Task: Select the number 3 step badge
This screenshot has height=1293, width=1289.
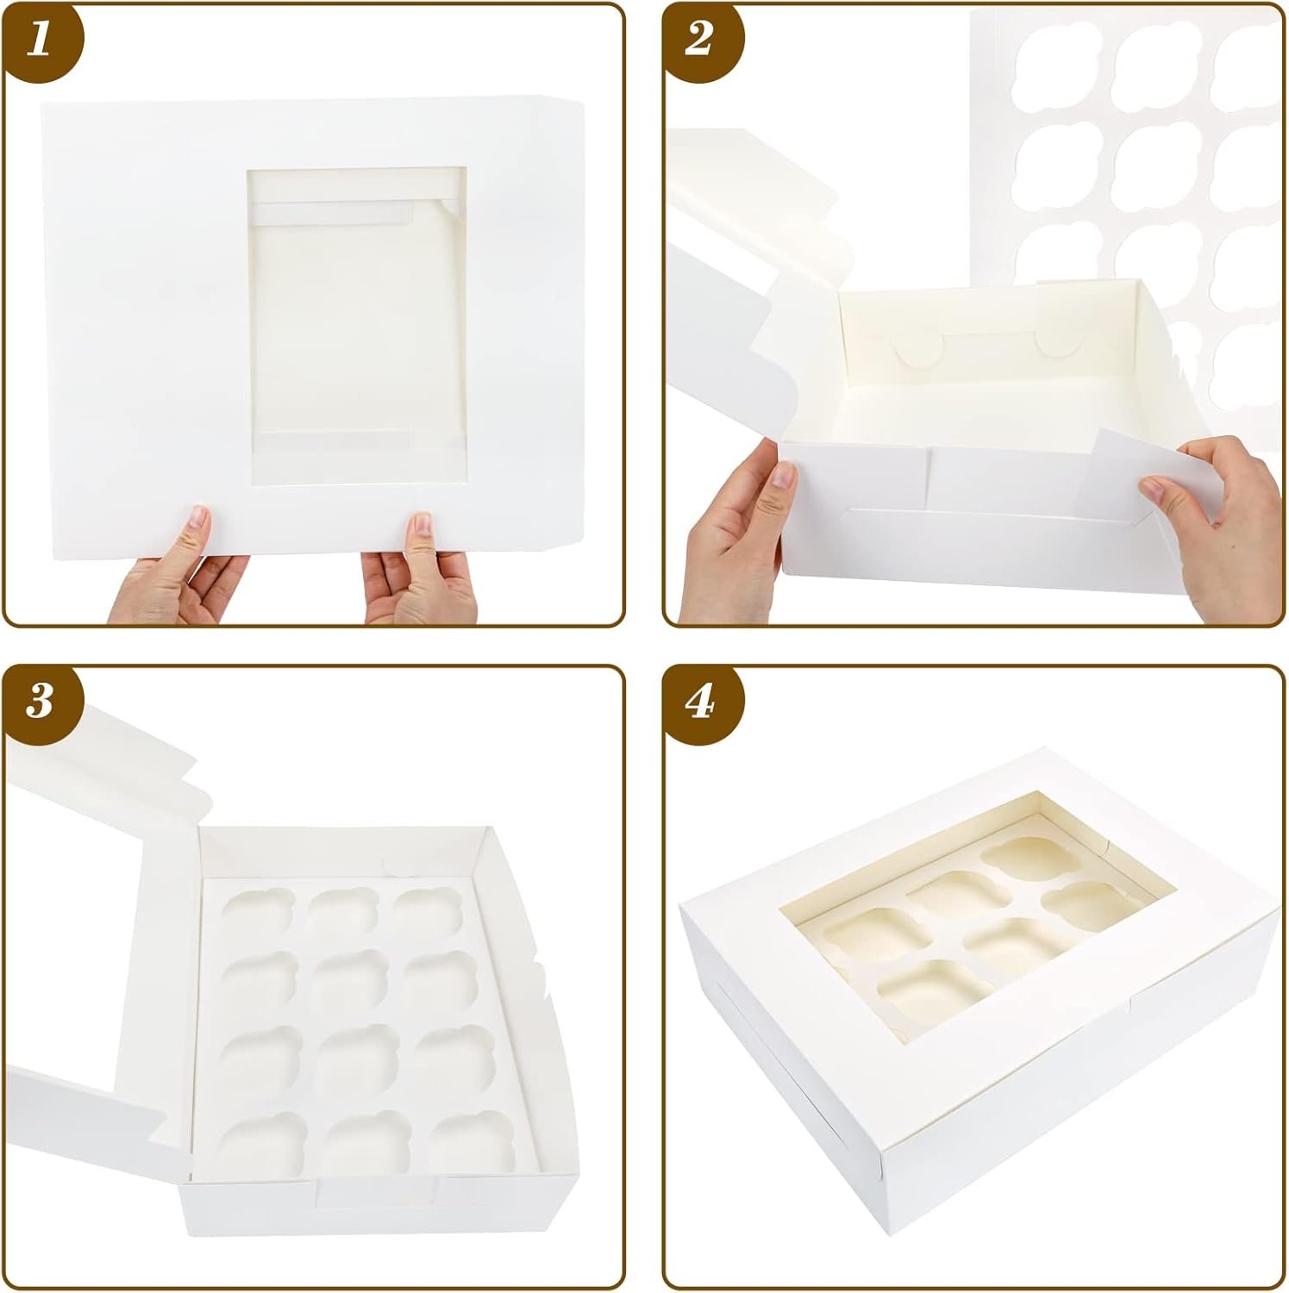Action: [39, 702]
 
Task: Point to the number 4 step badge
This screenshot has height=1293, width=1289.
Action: [699, 702]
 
